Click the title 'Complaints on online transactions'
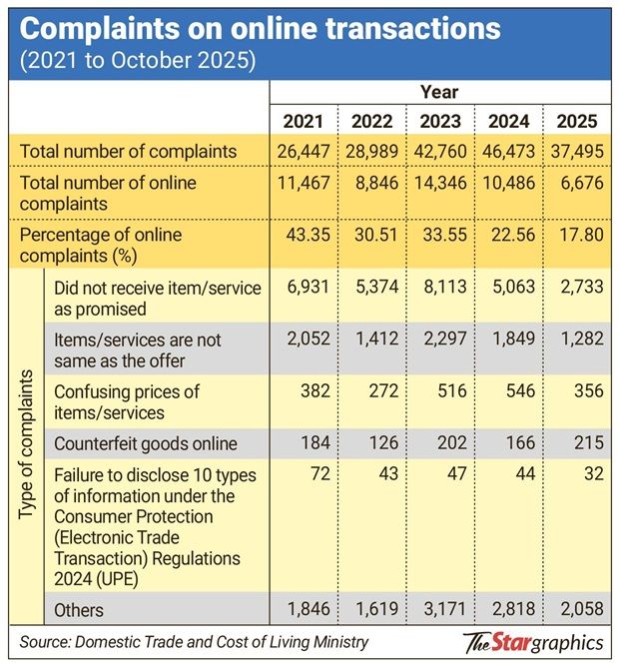coord(260,27)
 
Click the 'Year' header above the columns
coord(439,93)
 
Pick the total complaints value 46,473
coord(508,152)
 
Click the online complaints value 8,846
coord(371,183)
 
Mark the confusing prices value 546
coord(508,392)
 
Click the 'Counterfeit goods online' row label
coord(147,443)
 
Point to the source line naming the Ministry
coord(195,642)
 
